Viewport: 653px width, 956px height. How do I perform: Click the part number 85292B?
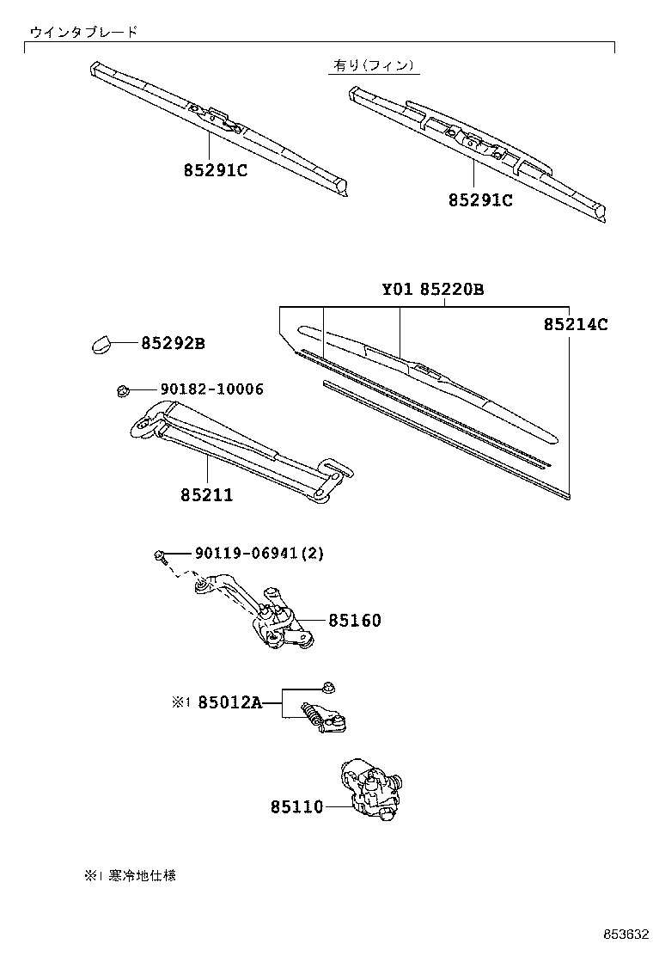pos(172,344)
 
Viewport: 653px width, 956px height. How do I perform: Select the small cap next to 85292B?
pos(101,345)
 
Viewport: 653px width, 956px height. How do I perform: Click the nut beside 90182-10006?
pos(122,391)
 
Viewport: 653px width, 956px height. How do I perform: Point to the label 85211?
pos(207,496)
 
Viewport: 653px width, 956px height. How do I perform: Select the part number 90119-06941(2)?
pos(247,554)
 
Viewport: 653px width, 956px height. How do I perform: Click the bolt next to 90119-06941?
pos(160,555)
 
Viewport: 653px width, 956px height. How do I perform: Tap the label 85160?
pos(354,620)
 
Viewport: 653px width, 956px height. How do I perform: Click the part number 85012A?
pos(229,702)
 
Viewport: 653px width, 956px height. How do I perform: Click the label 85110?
pos(296,807)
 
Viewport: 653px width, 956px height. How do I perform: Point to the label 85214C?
pos(576,325)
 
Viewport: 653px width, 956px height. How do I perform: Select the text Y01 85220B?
pos(433,290)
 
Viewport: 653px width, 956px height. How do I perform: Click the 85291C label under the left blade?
pos(215,170)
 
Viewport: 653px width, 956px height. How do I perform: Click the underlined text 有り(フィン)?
pos(374,65)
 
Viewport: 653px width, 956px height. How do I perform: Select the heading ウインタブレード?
pos(83,32)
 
